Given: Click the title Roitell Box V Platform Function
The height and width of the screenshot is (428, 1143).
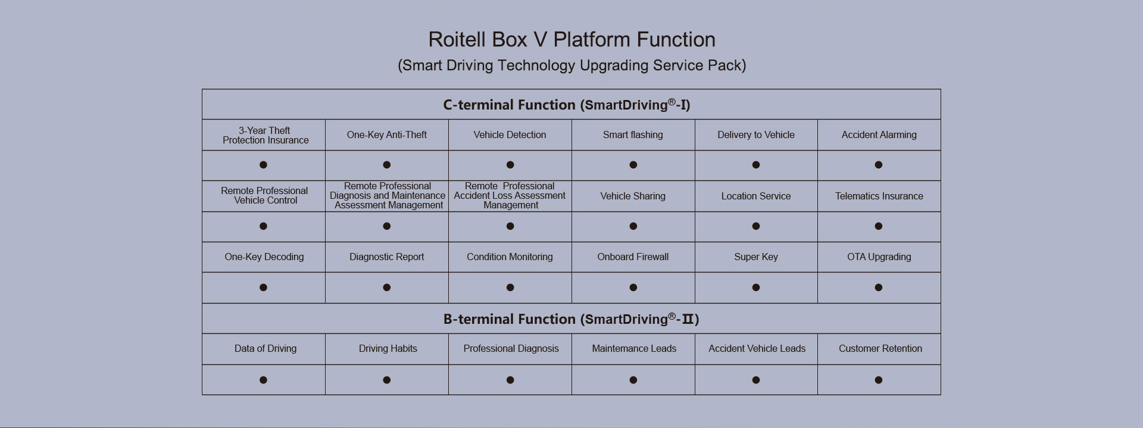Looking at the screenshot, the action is point(571,40).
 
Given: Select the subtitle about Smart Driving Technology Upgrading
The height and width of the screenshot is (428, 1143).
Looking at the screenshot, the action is point(571,65).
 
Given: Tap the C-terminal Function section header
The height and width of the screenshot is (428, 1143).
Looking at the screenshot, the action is point(567,105).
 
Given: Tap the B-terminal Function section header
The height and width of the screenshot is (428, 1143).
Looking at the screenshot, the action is point(571,319).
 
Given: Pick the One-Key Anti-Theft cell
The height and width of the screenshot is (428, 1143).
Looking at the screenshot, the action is point(387,135).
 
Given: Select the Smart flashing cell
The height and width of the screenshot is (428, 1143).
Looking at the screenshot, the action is point(633,135).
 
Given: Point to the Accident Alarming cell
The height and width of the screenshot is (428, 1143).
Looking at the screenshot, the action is point(879,135).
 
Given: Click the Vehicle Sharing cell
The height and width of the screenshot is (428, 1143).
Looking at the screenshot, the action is point(633,196).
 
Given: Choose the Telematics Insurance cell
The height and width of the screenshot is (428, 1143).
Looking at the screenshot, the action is point(879,196).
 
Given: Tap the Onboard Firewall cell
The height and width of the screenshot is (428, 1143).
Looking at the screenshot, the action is point(633,257).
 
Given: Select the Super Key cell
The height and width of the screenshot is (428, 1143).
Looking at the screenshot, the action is point(756,257).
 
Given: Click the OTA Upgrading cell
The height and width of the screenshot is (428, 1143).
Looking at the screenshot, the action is point(879,257).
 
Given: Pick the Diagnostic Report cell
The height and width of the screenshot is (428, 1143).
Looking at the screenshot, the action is point(387,257).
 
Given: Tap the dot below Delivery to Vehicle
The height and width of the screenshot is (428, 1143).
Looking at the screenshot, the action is point(756,165).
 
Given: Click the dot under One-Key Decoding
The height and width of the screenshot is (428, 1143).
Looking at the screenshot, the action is point(263,288).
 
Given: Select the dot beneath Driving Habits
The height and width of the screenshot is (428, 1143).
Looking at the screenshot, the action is point(387,380).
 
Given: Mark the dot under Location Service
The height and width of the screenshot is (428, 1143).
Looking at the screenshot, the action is point(756,226).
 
